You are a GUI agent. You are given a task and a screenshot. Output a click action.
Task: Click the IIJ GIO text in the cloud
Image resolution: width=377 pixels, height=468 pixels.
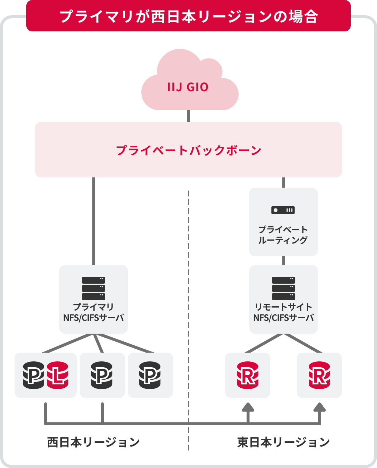[x=188, y=88]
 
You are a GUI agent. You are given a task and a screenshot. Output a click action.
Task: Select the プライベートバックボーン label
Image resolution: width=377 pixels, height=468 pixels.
[x=188, y=150]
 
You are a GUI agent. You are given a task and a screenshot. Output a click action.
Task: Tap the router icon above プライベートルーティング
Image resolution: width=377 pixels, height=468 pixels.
[x=283, y=210]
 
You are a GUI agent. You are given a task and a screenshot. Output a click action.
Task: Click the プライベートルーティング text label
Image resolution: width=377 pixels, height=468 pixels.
[x=283, y=235]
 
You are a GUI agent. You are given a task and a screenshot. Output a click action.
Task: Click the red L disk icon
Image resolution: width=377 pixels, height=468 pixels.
[x=58, y=375]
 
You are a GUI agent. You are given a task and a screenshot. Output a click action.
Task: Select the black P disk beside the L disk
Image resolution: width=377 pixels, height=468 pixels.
[x=34, y=375]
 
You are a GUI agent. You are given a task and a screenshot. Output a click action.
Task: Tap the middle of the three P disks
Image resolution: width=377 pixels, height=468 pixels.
[x=102, y=375]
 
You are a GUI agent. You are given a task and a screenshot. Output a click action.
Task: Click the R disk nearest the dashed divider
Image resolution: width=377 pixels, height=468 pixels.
[x=248, y=375]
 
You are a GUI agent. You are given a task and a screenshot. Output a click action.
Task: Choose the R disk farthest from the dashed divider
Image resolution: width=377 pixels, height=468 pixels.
[x=319, y=375]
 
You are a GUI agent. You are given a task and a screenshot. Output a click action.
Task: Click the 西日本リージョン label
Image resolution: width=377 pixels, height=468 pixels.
[x=94, y=442]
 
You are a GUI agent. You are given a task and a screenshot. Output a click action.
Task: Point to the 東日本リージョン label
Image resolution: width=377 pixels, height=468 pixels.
[x=283, y=442]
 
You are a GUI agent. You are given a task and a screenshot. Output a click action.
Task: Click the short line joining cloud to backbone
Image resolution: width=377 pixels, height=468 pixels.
[x=188, y=116]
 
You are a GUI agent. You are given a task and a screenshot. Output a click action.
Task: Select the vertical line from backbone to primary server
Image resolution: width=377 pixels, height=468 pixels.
[x=94, y=221]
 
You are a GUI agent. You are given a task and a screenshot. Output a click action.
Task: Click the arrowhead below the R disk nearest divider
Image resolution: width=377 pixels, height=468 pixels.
[x=248, y=407]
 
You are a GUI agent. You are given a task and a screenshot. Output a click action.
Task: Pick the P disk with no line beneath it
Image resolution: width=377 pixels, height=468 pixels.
[x=150, y=375]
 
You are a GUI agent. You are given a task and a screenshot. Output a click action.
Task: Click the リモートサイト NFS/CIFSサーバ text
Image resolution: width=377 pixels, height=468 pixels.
[x=283, y=312]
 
